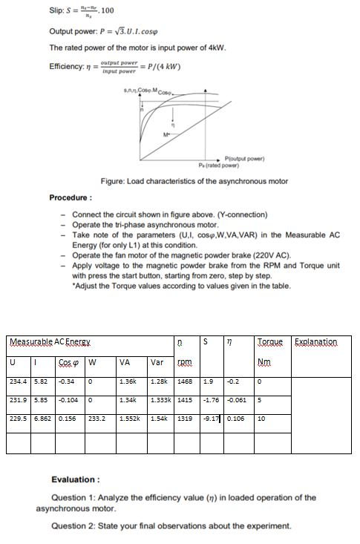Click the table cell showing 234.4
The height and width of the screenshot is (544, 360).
(18, 382)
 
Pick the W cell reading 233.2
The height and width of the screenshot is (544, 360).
(96, 418)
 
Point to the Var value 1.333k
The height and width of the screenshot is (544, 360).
(160, 400)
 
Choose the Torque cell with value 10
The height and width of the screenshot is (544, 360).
(261, 418)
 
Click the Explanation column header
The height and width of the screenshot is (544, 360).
(315, 342)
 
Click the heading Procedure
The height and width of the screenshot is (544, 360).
(71, 198)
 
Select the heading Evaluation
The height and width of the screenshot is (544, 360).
(76, 479)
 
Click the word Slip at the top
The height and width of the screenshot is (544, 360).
(57, 10)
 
